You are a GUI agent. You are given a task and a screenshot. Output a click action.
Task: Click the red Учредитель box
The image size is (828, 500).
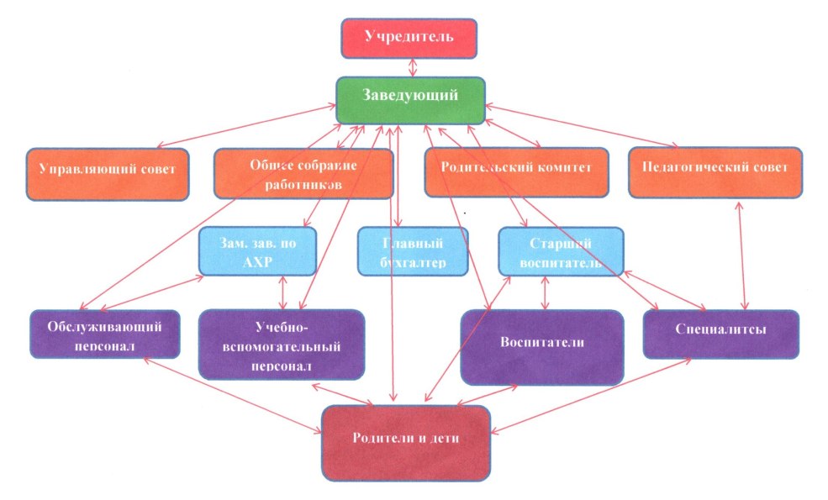(x=409, y=38)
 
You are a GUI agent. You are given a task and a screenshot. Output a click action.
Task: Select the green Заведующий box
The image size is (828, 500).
(x=410, y=99)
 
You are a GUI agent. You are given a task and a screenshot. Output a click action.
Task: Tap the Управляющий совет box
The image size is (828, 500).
(x=107, y=174)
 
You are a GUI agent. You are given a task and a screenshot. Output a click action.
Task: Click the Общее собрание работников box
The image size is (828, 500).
(x=303, y=174)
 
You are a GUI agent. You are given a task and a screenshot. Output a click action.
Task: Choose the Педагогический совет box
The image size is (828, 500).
(x=715, y=173)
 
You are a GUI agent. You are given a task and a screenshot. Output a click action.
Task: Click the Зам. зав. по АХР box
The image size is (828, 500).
(x=257, y=250)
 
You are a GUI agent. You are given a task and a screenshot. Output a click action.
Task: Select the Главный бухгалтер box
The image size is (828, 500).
(x=412, y=250)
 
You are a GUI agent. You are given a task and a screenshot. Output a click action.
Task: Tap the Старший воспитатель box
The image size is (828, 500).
(x=560, y=250)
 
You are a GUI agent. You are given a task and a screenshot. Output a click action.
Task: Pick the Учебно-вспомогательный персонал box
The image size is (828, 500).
(x=282, y=344)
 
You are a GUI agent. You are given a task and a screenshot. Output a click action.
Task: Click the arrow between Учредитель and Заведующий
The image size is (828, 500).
(x=409, y=67)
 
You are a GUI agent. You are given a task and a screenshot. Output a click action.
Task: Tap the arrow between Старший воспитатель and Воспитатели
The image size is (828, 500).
(x=546, y=292)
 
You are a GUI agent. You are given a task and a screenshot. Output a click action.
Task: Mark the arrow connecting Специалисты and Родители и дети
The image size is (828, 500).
(x=593, y=395)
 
